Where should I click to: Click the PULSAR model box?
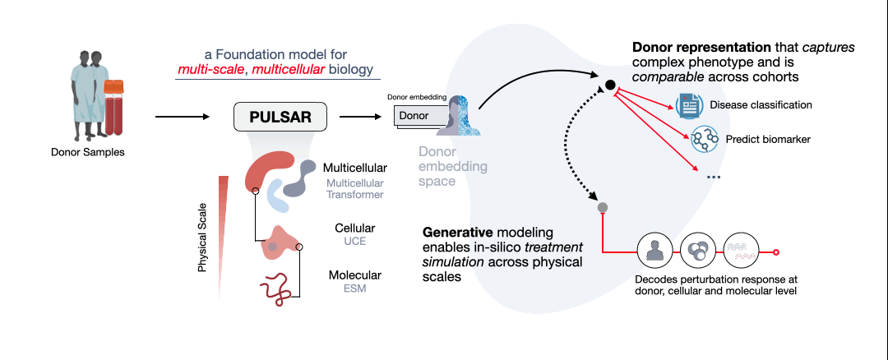click(x=280, y=118)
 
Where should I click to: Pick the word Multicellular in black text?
click(x=355, y=168)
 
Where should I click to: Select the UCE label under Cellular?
click(x=355, y=242)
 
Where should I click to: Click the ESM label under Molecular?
click(x=355, y=289)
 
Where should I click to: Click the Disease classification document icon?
click(x=688, y=105)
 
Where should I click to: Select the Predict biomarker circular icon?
click(x=704, y=139)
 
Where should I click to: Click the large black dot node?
click(x=611, y=85)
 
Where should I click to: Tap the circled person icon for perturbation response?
click(x=655, y=252)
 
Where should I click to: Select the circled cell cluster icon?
click(x=698, y=252)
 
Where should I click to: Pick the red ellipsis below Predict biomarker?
click(x=713, y=177)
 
